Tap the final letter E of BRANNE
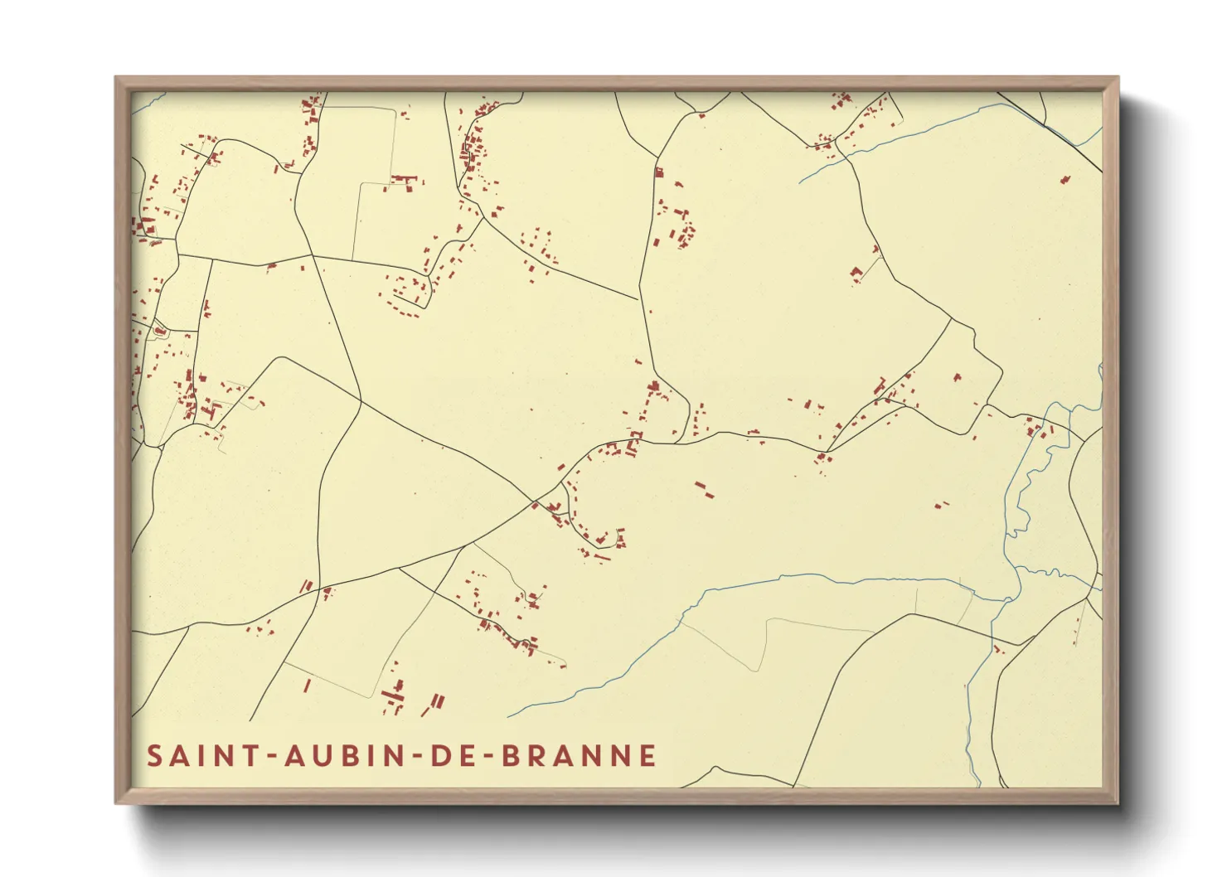click(x=647, y=756)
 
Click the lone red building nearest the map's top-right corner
click(x=1065, y=179)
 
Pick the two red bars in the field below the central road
click(x=704, y=489)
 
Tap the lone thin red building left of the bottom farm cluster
click(x=308, y=686)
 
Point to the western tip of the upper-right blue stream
click(x=801, y=182)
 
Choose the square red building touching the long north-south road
click(x=659, y=173)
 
